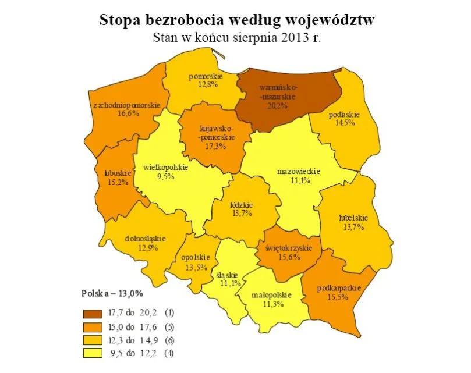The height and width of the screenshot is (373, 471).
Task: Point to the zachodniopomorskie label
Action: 126,104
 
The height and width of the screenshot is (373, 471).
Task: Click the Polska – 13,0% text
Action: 112,292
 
